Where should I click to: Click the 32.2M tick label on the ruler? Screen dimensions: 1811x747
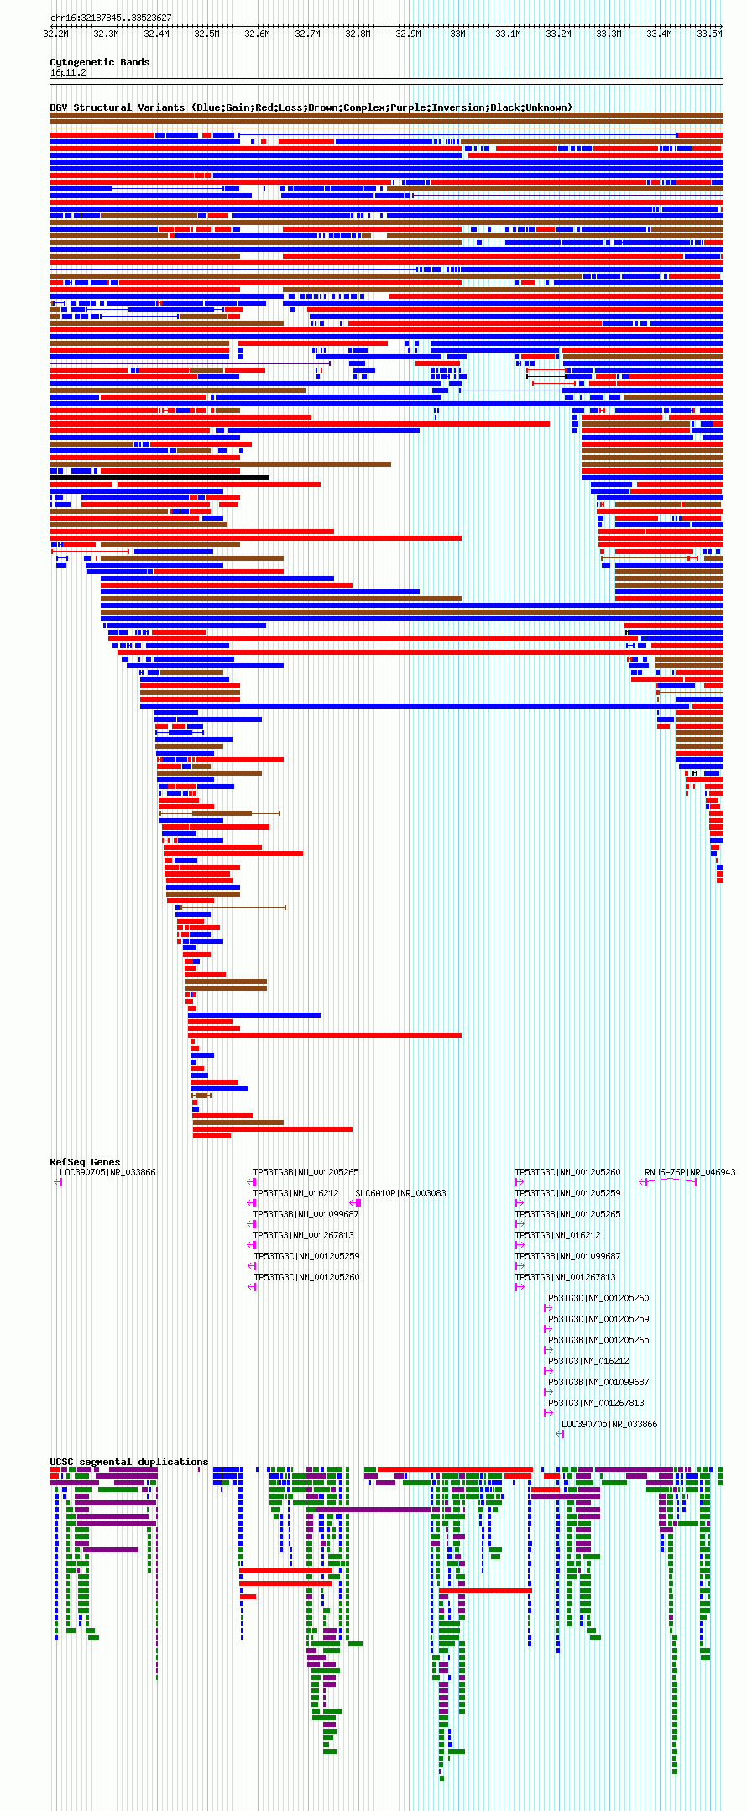tap(55, 34)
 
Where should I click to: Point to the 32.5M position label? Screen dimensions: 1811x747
tap(206, 34)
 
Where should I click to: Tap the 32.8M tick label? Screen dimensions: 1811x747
tap(358, 34)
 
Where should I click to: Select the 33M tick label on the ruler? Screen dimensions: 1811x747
tap(457, 34)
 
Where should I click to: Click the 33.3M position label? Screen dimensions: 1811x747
tap(609, 34)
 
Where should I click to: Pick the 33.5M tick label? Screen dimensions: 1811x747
tap(709, 34)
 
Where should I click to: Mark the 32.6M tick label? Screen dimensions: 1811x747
tap(257, 34)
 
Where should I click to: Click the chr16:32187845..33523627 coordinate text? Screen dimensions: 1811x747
tap(111, 18)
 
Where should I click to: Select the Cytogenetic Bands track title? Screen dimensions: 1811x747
tap(99, 62)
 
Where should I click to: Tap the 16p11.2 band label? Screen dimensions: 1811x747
tap(68, 72)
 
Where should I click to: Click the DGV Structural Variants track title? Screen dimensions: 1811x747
tap(117, 107)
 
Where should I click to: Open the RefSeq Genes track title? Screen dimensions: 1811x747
tap(85, 1162)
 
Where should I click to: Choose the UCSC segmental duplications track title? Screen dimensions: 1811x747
tap(128, 1462)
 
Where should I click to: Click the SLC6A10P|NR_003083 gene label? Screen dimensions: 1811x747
tap(400, 1193)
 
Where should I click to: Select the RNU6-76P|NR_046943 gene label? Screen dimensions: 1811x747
tap(689, 1172)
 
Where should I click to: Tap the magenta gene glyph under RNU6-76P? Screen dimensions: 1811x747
tap(668, 1182)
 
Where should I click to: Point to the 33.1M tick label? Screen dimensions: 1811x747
tap(508, 34)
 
